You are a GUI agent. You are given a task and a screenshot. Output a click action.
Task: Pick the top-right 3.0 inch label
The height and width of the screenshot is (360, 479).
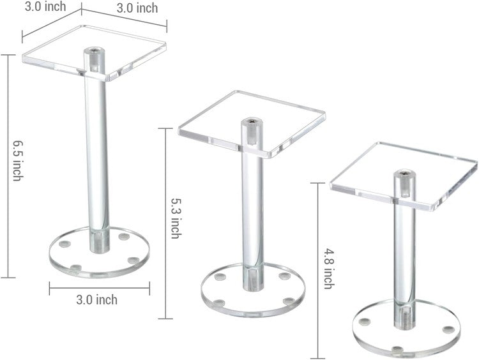[137, 9]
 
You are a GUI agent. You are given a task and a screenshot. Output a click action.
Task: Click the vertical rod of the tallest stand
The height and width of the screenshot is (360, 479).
[97, 160]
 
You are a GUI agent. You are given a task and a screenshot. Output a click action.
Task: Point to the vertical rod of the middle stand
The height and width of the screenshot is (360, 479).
[252, 211]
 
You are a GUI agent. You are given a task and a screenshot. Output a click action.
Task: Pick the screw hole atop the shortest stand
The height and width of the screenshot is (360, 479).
[403, 173]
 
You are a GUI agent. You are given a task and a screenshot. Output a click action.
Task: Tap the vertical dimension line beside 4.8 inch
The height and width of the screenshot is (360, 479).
[317, 268]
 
